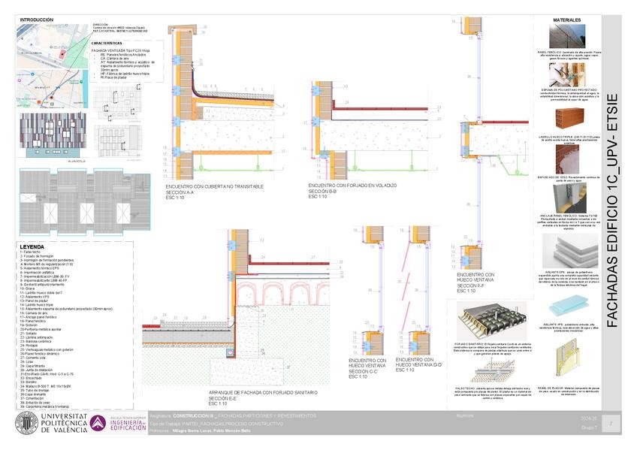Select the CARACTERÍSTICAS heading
point(107,43)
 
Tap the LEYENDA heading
point(32,246)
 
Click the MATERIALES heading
point(569,20)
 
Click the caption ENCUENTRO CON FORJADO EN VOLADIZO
point(352,185)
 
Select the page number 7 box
point(612,424)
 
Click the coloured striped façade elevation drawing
point(50,135)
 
